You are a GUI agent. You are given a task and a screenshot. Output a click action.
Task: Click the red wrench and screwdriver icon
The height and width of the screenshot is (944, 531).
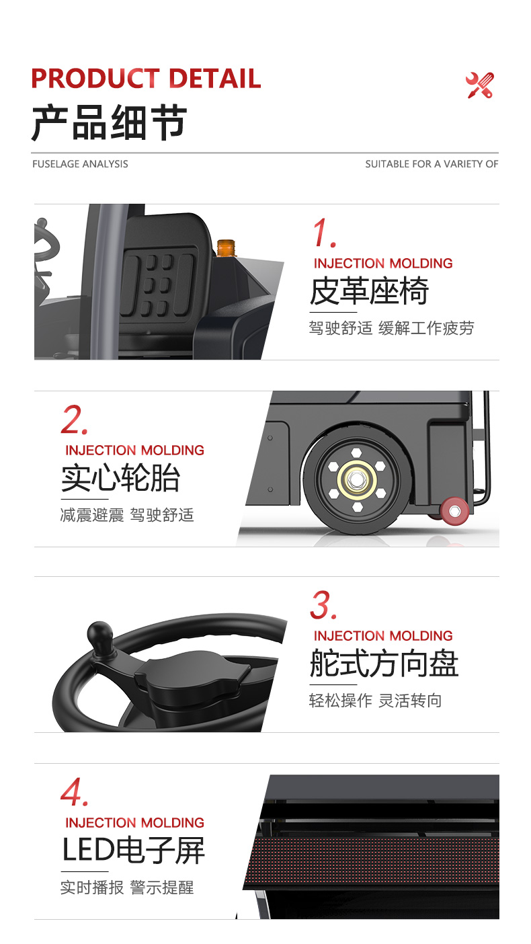tap(480, 85)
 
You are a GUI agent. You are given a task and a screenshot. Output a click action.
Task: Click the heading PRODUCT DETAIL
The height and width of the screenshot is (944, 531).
tap(146, 79)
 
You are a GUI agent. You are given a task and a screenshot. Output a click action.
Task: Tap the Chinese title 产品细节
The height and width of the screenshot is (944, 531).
tap(109, 122)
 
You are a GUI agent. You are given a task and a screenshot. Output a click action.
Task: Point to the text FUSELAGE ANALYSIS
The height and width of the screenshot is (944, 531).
tap(80, 164)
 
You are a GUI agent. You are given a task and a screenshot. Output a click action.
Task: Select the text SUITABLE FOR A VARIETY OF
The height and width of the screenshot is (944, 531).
tap(432, 164)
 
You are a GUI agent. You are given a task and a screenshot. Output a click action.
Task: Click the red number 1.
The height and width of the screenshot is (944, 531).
tap(324, 234)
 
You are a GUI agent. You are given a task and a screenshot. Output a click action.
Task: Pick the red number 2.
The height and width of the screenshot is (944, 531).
tap(73, 421)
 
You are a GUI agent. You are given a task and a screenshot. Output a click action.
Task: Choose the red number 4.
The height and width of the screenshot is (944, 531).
tap(73, 792)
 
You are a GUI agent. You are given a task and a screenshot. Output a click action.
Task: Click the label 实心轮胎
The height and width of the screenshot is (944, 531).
tap(121, 478)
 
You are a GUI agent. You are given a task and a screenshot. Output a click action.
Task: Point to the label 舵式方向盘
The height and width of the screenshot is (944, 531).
tap(384, 664)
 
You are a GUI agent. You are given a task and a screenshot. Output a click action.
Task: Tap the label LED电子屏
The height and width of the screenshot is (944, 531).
tap(133, 850)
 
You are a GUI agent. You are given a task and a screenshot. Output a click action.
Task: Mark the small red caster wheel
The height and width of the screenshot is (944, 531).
tap(454, 510)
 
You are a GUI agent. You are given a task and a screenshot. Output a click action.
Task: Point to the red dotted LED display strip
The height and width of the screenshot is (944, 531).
tap(376, 857)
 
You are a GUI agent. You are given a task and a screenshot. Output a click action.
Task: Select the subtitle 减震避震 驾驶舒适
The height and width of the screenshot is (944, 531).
tap(127, 516)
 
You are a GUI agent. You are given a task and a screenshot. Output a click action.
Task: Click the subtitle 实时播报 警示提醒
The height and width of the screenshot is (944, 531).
tap(127, 888)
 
